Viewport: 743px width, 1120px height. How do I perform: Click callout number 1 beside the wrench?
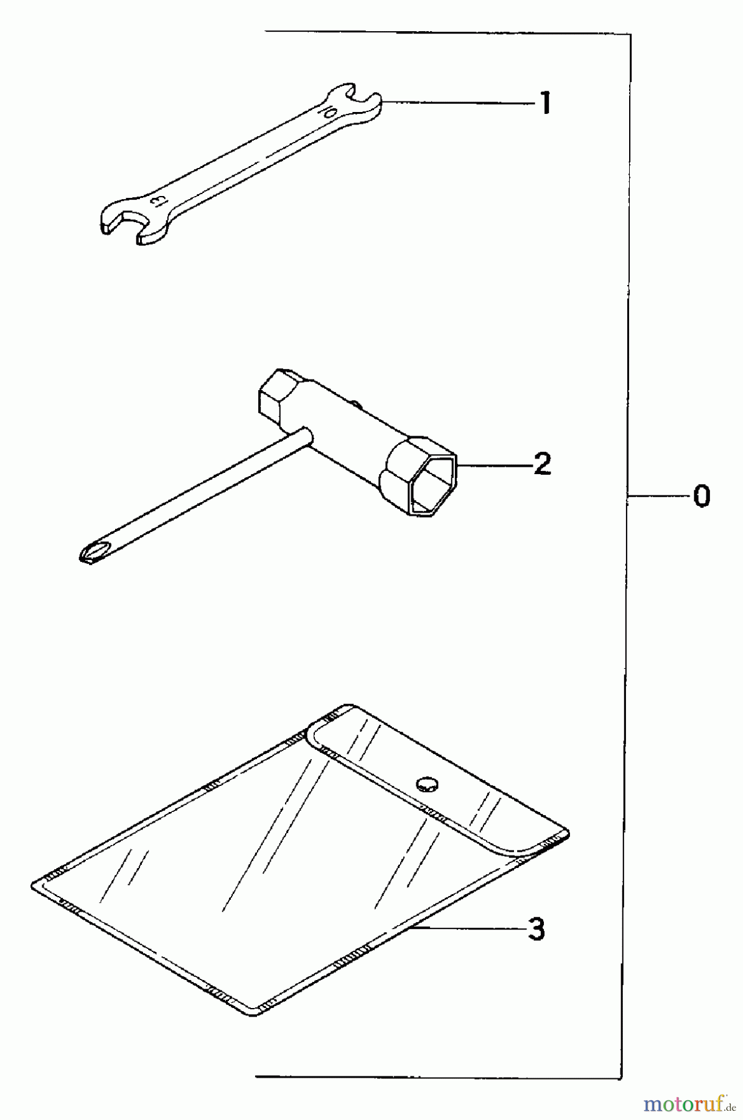pos(545,103)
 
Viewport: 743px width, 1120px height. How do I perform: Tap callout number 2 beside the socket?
pos(541,464)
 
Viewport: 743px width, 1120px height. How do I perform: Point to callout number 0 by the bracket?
pos(701,497)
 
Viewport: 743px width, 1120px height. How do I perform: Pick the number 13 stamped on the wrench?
pos(157,200)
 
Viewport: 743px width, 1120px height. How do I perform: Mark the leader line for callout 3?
pos(467,929)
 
